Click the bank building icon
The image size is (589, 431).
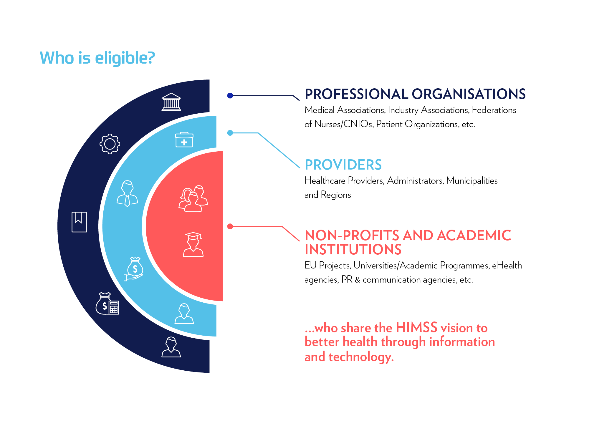click(x=171, y=102)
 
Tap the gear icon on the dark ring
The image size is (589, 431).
click(x=110, y=144)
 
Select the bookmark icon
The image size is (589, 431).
click(x=79, y=222)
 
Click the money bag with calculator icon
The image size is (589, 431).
click(x=107, y=304)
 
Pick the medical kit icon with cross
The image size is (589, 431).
click(x=184, y=140)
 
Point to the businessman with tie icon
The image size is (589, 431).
click(x=127, y=193)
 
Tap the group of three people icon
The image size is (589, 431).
click(x=193, y=199)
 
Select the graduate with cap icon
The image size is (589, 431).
click(x=193, y=245)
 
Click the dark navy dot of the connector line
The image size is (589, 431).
click(x=230, y=95)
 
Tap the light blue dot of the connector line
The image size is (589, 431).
click(x=230, y=133)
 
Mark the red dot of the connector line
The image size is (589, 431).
click(x=230, y=226)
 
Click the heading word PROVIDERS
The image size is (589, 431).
click(x=343, y=165)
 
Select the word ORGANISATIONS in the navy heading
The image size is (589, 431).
click(x=468, y=94)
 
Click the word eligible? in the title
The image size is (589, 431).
click(x=125, y=58)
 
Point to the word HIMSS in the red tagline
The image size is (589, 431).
click(x=416, y=328)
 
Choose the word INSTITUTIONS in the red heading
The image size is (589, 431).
click(x=353, y=250)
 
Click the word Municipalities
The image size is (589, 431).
click(x=472, y=180)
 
